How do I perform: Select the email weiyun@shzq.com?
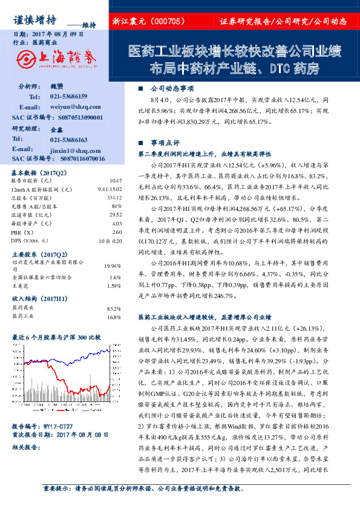67,107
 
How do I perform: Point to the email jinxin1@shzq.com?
67,149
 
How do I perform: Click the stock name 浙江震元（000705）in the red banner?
148,21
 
